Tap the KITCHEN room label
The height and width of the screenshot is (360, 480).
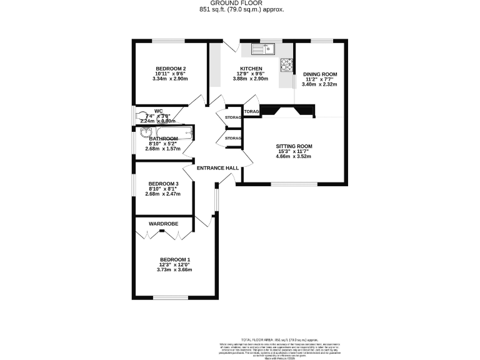click(x=251, y=68)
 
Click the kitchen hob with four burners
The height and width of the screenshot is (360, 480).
click(x=287, y=64)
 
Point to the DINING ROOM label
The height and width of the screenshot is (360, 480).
click(x=320, y=74)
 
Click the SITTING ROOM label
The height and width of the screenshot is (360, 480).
click(x=294, y=146)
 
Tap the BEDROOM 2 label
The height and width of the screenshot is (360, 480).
click(x=171, y=68)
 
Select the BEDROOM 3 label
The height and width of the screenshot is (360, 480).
click(x=162, y=183)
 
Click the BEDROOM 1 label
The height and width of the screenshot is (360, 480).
click(x=175, y=259)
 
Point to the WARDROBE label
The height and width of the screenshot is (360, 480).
click(x=163, y=224)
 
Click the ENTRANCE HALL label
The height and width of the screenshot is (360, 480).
click(x=218, y=168)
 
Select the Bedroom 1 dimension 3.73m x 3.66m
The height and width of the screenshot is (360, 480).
click(x=175, y=270)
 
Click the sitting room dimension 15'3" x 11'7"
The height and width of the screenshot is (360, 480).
click(x=294, y=151)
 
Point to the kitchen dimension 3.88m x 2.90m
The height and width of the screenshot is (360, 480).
click(x=251, y=79)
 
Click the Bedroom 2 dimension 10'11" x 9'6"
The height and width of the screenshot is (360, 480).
click(x=171, y=74)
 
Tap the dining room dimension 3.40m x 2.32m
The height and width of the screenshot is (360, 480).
click(x=320, y=84)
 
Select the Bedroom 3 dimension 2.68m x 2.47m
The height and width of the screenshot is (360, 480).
click(x=162, y=194)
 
